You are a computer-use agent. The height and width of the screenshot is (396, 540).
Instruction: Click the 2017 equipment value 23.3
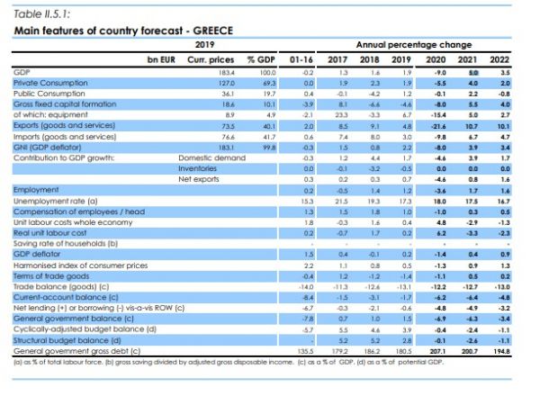point(342,116)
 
